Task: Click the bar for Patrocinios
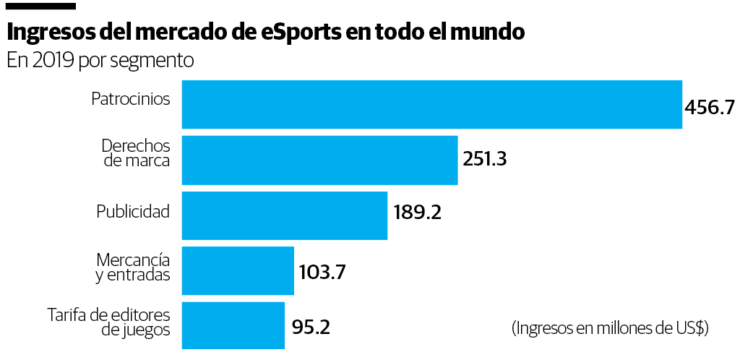pos(431,104)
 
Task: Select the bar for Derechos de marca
pos(319,160)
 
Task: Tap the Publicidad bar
pos(284,215)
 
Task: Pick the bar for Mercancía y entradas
pos(238,270)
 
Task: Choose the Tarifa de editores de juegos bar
pos(233,326)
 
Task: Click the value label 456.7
pos(710,108)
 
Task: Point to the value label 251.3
pos(485,159)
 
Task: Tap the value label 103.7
pos(322,273)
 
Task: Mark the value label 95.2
pos(311,327)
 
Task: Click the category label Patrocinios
pos(131,99)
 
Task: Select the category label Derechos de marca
pos(136,152)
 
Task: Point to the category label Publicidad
pos(133,212)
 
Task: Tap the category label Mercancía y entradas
pos(133,267)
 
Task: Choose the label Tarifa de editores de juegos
pos(108,322)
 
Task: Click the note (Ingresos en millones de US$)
pos(610,328)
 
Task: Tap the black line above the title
pos(40,6)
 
